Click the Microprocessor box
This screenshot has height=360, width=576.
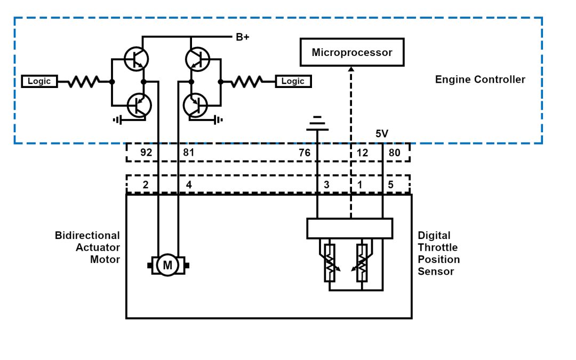(351, 52)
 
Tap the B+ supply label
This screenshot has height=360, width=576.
(242, 37)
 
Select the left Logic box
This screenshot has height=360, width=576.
(39, 82)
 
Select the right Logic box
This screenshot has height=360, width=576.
(293, 82)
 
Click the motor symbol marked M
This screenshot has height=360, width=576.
(167, 265)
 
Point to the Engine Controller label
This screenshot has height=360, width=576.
(480, 79)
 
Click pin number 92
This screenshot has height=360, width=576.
(146, 153)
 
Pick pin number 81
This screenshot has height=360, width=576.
(189, 153)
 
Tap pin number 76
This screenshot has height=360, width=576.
(304, 153)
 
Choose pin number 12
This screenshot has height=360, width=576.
(362, 153)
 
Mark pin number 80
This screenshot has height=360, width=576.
(394, 153)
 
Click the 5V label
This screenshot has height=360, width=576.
(382, 134)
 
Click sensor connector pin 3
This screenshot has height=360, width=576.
(326, 185)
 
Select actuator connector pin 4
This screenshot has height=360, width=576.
(189, 185)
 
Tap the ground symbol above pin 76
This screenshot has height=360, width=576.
(317, 123)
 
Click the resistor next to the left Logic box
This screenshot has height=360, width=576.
(84, 82)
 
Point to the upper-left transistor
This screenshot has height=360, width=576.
(136, 59)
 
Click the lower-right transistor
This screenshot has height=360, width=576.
(195, 105)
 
